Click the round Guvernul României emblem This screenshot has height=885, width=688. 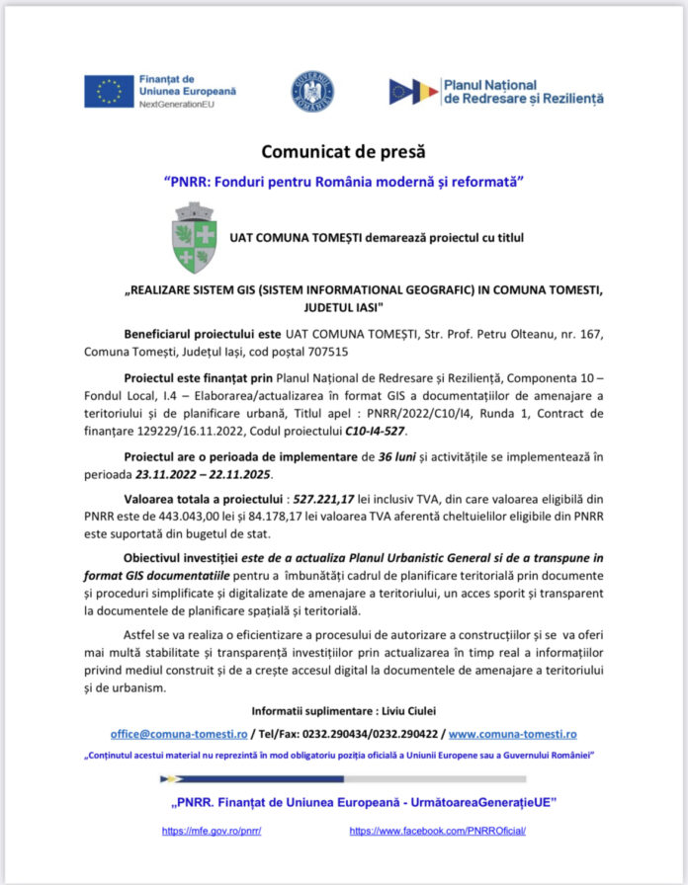pos(311,91)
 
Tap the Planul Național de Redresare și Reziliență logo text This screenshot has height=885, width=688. pos(523,92)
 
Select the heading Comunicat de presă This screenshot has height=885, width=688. pos(343,152)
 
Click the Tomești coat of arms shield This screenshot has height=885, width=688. pos(194,237)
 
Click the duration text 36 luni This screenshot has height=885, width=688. pos(376,457)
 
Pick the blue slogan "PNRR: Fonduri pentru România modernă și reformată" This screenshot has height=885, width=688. pos(343,182)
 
